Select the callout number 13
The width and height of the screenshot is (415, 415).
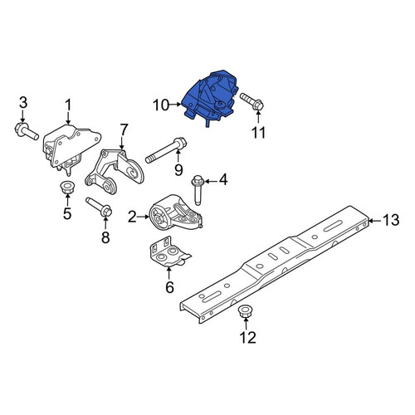[x=391, y=220]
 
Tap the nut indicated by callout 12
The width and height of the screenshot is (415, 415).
[x=244, y=312]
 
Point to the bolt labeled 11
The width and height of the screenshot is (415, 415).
[x=251, y=102]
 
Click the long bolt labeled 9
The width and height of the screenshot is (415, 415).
[x=166, y=151]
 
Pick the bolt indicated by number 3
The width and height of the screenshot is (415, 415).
[x=26, y=131]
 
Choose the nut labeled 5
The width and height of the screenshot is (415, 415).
[x=67, y=187]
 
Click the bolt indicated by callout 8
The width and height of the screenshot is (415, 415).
[x=99, y=207]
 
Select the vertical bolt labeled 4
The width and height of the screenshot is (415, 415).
[x=198, y=190]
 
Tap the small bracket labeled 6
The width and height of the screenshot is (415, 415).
[x=169, y=252]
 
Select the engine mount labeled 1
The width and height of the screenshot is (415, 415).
[x=71, y=149]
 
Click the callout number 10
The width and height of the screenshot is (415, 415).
[x=160, y=105]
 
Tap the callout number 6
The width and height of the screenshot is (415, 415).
[x=169, y=287]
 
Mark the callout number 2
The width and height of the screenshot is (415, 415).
[x=132, y=217]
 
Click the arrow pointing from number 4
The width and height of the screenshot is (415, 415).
[x=210, y=181]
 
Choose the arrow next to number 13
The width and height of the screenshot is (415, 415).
[x=374, y=221]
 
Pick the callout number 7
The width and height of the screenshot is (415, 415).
[x=124, y=131]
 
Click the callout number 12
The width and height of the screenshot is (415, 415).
[x=247, y=337]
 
